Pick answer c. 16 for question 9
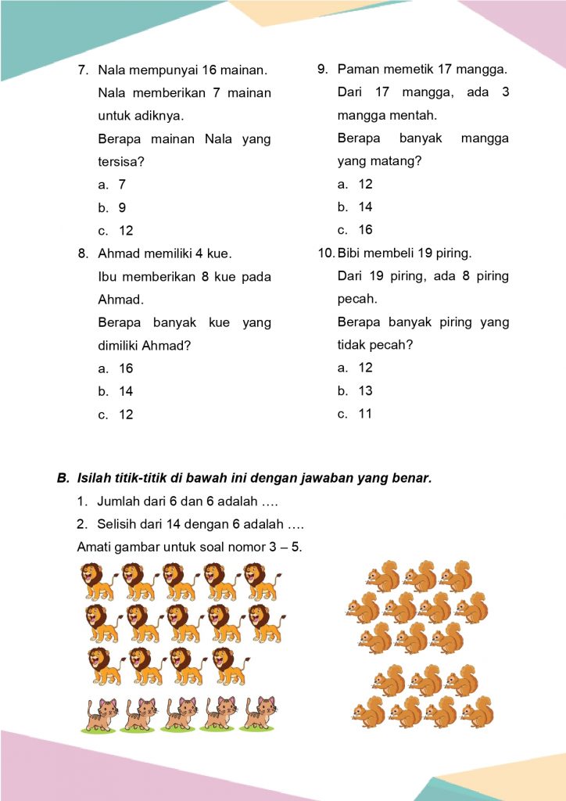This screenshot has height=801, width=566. click(355, 230)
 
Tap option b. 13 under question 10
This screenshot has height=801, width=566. click(355, 391)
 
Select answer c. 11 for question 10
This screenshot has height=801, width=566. click(355, 414)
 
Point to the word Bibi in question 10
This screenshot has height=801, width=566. click(349, 253)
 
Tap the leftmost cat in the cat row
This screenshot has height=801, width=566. click(99, 713)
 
